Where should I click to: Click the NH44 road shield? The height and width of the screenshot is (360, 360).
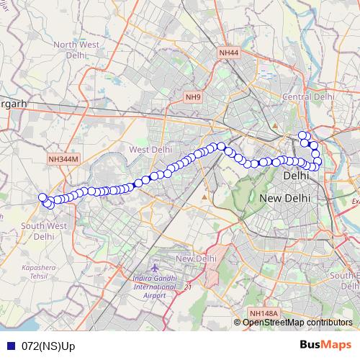click(x=228, y=53)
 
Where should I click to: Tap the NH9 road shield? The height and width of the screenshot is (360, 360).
click(x=194, y=96)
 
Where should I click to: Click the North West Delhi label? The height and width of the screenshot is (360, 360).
click(x=76, y=50)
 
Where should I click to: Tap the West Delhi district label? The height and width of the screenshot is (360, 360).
click(x=150, y=149)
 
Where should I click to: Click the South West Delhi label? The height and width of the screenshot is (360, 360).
click(x=44, y=230)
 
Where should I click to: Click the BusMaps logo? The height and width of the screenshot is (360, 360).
click(x=325, y=345)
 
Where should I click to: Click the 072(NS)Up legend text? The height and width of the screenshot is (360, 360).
click(x=48, y=346)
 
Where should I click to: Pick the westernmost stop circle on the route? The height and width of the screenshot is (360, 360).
click(x=42, y=197)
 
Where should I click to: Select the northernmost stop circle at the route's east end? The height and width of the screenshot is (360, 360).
click(x=302, y=135)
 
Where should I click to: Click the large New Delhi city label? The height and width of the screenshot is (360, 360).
click(x=284, y=198)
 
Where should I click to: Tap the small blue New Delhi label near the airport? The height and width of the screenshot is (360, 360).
click(x=197, y=259)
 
